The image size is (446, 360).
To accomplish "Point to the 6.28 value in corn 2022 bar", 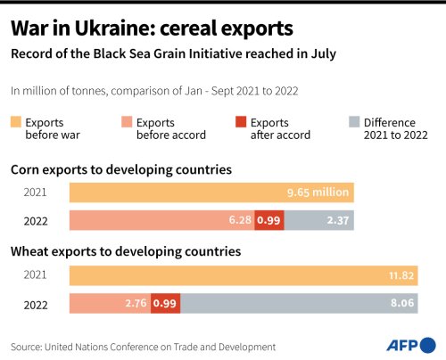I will point(240,220).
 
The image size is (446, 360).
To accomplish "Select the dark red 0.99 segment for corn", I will point(268,220).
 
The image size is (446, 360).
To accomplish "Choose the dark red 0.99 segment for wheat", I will point(164,303).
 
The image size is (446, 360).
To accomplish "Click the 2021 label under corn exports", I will point(37,192).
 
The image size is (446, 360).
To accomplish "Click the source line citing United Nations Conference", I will point(143,346).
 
